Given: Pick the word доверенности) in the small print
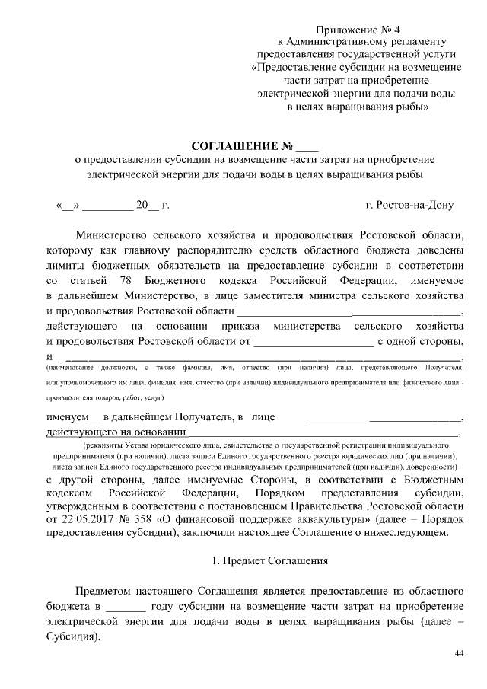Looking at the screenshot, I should click(x=426, y=465).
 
